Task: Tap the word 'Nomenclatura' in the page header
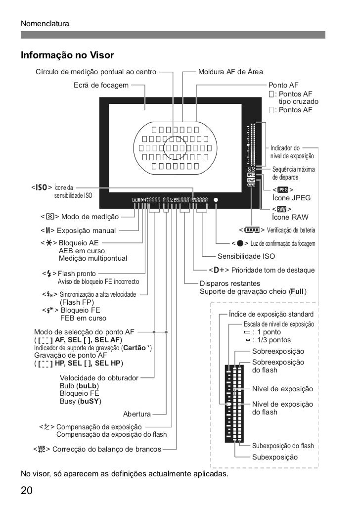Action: click(x=45, y=24)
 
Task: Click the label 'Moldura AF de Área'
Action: click(x=230, y=72)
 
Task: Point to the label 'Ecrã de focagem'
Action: click(x=101, y=86)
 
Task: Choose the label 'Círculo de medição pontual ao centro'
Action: click(x=96, y=72)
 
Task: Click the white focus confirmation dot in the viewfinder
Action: click(x=216, y=200)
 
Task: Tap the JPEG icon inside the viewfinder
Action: click(x=251, y=175)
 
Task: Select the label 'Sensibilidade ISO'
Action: click(x=246, y=257)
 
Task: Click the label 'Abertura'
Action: click(x=137, y=414)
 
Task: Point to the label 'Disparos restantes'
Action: click(x=229, y=283)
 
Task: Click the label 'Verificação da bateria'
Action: click(x=291, y=230)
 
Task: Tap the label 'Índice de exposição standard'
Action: click(x=271, y=314)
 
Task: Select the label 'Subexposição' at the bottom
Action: click(x=275, y=457)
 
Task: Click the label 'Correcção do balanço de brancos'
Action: click(x=106, y=450)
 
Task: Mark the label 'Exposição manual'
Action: click(x=86, y=230)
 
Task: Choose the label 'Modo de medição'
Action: click(x=90, y=217)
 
